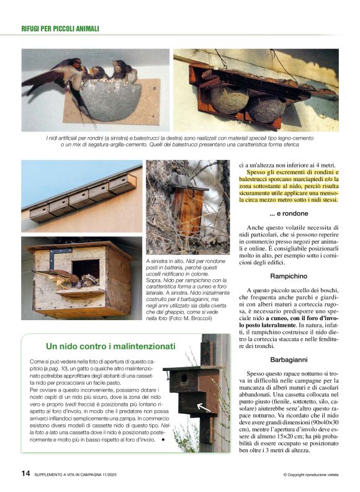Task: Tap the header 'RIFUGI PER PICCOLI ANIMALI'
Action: pos(60,29)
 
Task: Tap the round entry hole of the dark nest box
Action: pos(184,377)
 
